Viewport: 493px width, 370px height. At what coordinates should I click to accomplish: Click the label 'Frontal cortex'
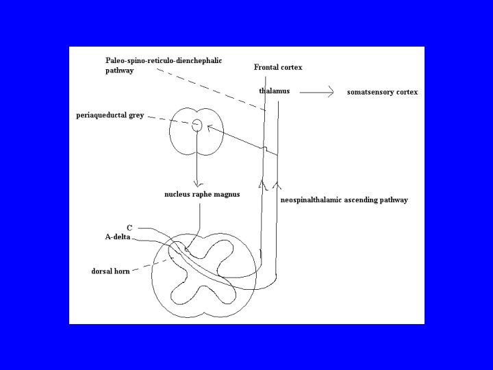click(x=278, y=67)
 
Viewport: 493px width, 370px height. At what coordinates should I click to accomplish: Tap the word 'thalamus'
click(x=275, y=91)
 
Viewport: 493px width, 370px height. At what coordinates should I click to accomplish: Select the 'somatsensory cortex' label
click(x=382, y=92)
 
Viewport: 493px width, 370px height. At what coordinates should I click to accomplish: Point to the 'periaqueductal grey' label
click(x=110, y=115)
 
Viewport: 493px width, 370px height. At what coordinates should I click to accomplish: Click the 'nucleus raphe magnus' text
click(x=202, y=195)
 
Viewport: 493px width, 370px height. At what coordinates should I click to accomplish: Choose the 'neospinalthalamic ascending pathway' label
click(x=344, y=200)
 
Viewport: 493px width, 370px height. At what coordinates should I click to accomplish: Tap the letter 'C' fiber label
click(x=129, y=227)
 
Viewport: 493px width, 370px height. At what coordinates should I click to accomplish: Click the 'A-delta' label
click(x=117, y=237)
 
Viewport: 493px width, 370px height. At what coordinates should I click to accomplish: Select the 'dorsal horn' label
click(x=110, y=271)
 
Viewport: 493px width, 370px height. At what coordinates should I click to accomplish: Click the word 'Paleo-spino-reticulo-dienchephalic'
click(x=164, y=61)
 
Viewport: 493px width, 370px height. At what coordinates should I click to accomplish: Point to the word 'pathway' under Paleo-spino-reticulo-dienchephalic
click(x=120, y=71)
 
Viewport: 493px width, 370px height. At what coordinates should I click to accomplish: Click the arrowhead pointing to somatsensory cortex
click(x=331, y=92)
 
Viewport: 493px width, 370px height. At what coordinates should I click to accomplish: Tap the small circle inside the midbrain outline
click(x=197, y=125)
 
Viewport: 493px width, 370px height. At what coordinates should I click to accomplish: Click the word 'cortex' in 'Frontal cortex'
click(x=290, y=67)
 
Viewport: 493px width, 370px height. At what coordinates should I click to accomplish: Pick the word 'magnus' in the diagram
click(x=227, y=195)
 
